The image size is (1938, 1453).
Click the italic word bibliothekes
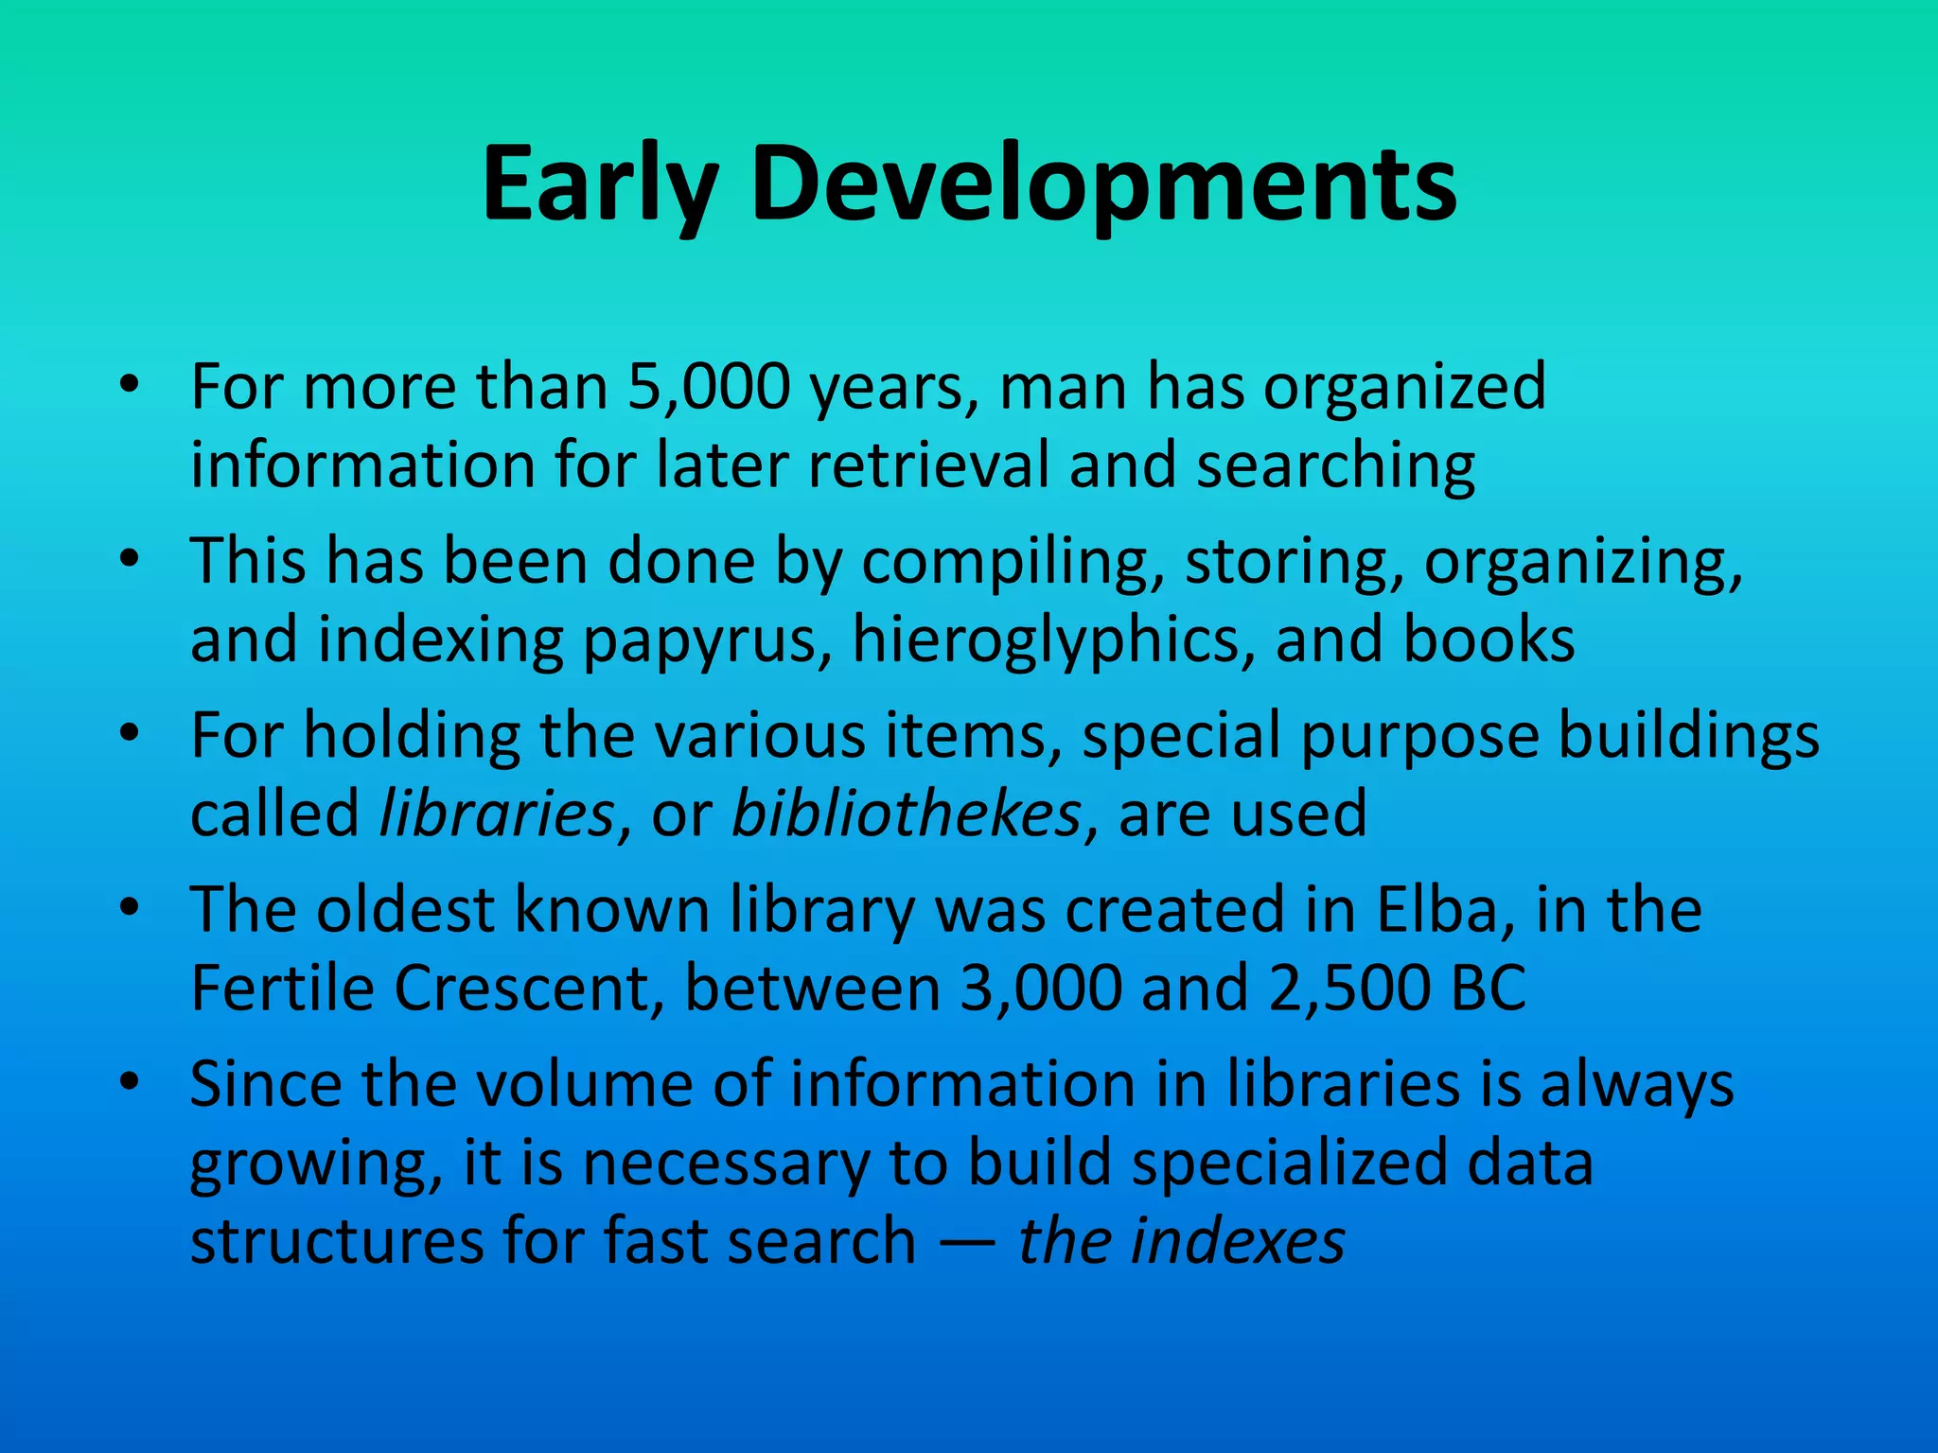click(906, 814)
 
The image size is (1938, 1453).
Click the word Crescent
click(528, 989)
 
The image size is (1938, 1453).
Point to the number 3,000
click(1040, 989)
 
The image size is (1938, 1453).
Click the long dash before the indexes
click(967, 1243)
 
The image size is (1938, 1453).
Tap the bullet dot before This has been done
click(130, 558)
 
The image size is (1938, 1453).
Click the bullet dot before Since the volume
click(130, 1080)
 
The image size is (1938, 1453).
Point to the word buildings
click(1688, 736)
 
